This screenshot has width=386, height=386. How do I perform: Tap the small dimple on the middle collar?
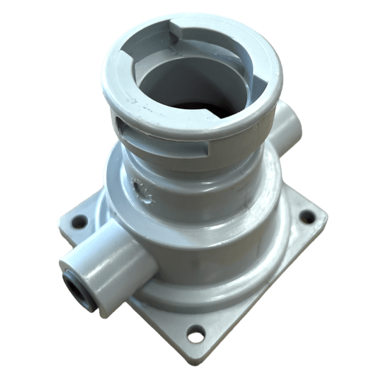click(x=144, y=191)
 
